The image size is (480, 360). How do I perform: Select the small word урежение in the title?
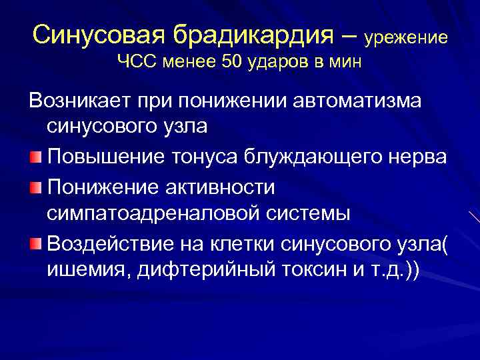(405, 37)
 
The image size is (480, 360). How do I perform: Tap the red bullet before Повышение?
(36, 157)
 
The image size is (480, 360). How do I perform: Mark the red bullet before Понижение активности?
(36, 185)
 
